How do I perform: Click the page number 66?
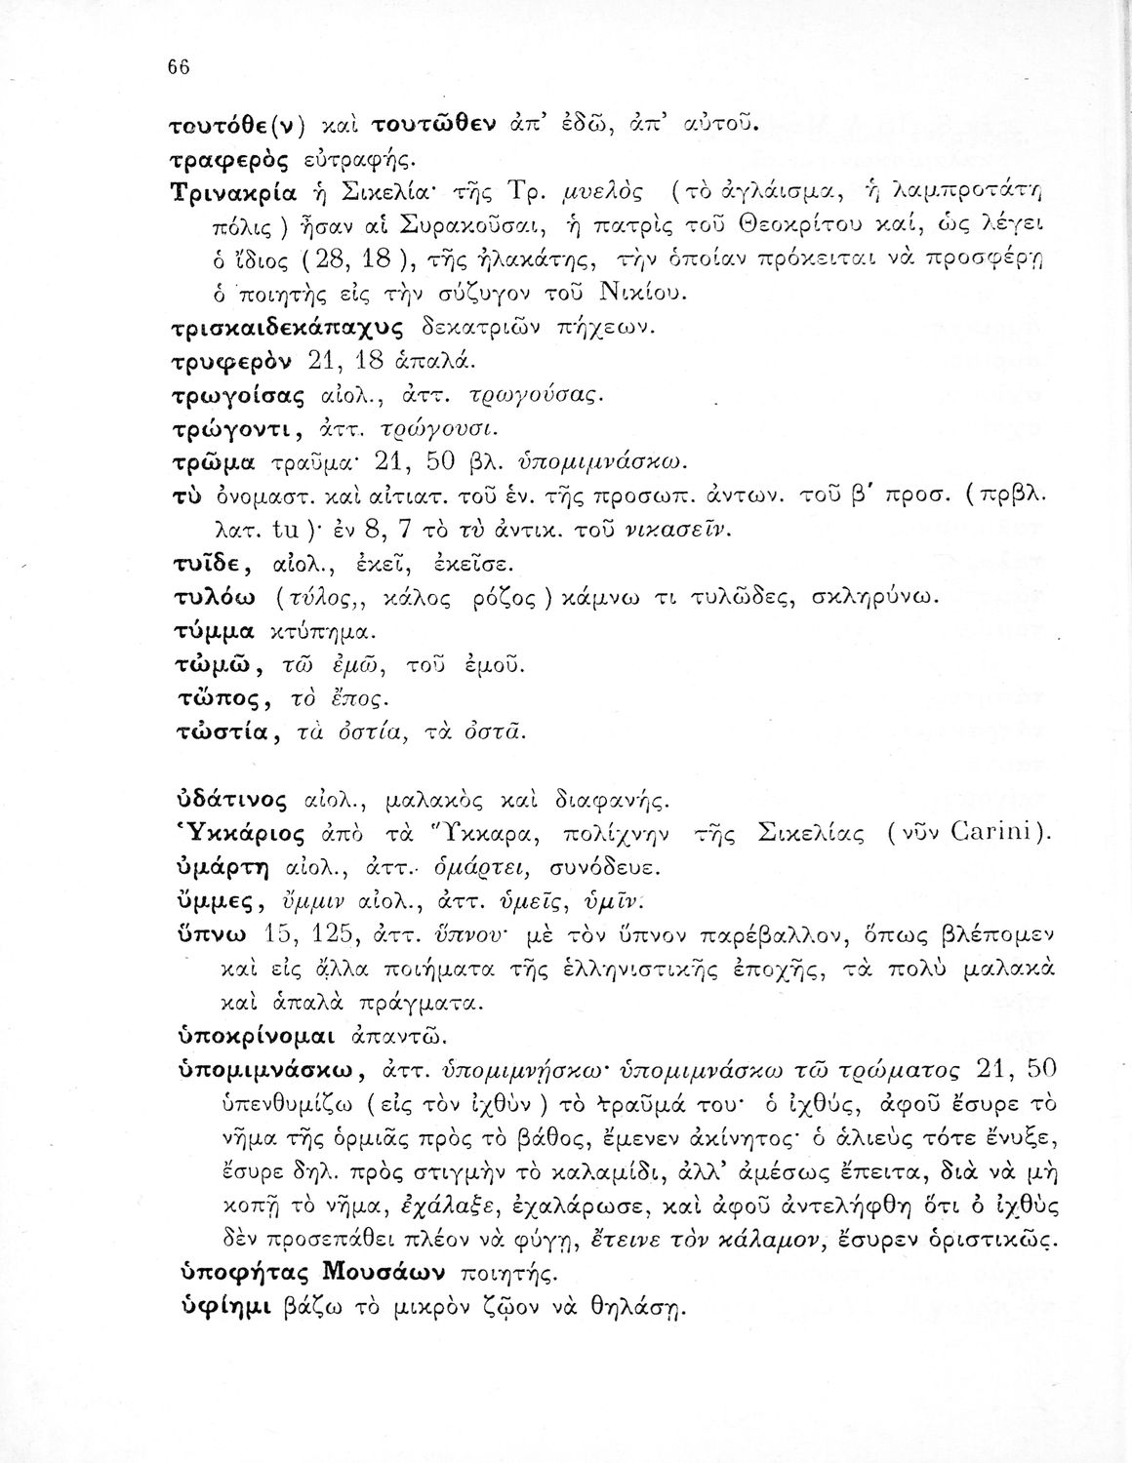pyautogui.click(x=177, y=66)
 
